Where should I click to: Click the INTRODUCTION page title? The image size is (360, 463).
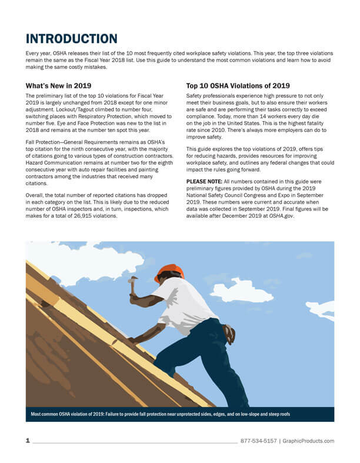(71, 39)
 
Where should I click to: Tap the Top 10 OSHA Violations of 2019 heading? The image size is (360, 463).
(238, 85)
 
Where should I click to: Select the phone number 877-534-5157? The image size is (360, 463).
(258, 441)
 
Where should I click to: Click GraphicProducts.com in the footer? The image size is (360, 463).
(308, 441)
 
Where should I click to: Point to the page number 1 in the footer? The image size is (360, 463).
(28, 441)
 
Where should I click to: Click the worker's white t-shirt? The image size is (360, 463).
(183, 304)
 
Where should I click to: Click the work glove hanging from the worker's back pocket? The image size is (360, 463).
(229, 334)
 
